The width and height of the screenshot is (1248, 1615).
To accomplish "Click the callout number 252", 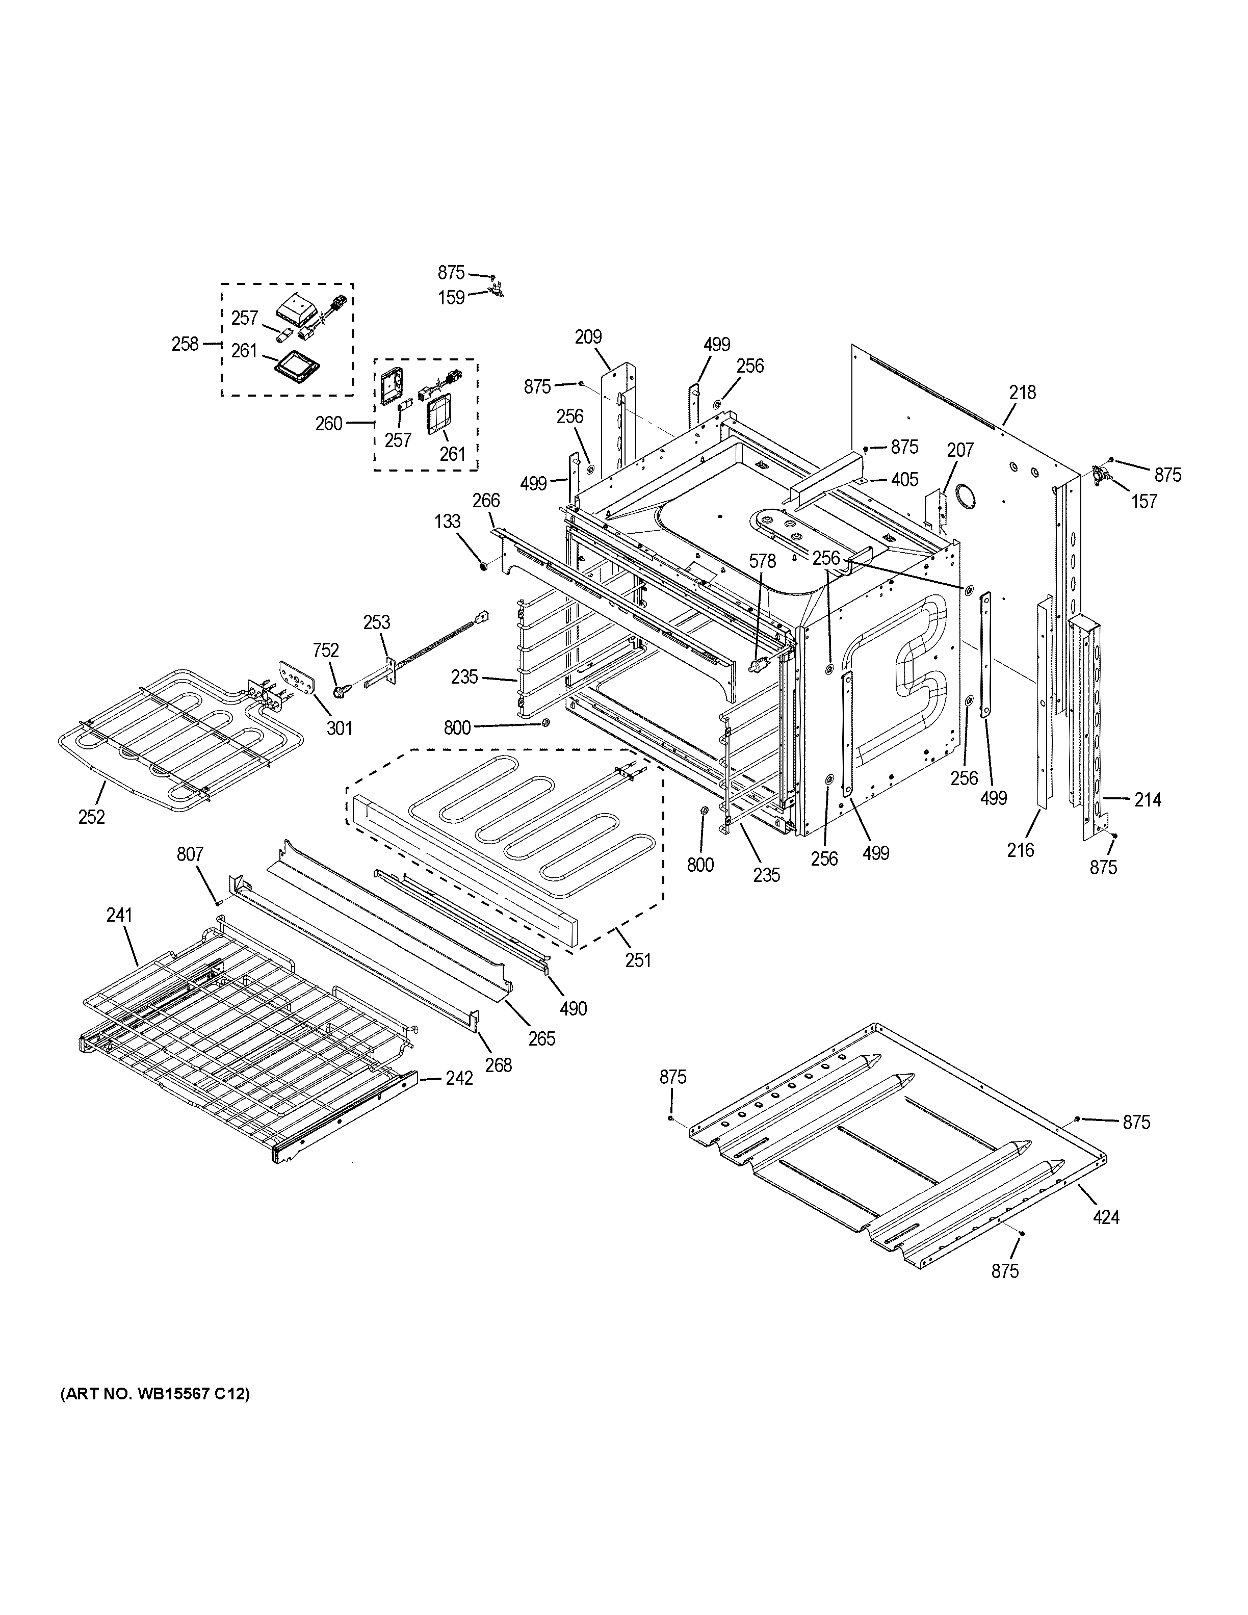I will pos(92,817).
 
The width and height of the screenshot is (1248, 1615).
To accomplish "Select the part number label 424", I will pos(1106,1216).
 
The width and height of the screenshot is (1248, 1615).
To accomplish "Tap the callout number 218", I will pos(1023,392).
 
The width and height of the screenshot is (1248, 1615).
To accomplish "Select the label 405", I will pos(904,479).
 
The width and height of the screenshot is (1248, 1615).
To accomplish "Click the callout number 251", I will pos(638,960).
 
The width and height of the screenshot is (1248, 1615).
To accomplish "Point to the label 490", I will pos(573,1008).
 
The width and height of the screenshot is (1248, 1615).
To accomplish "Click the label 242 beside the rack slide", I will pos(459,1078).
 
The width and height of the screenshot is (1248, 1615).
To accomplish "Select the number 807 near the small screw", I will pos(190,854).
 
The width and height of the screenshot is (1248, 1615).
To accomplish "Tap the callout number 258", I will pos(185,344).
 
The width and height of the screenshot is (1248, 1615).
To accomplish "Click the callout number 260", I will pos(329,423).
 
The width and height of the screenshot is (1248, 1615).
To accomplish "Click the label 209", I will pos(588,337).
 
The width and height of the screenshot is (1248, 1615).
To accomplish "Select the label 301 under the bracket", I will pos(340,728).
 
